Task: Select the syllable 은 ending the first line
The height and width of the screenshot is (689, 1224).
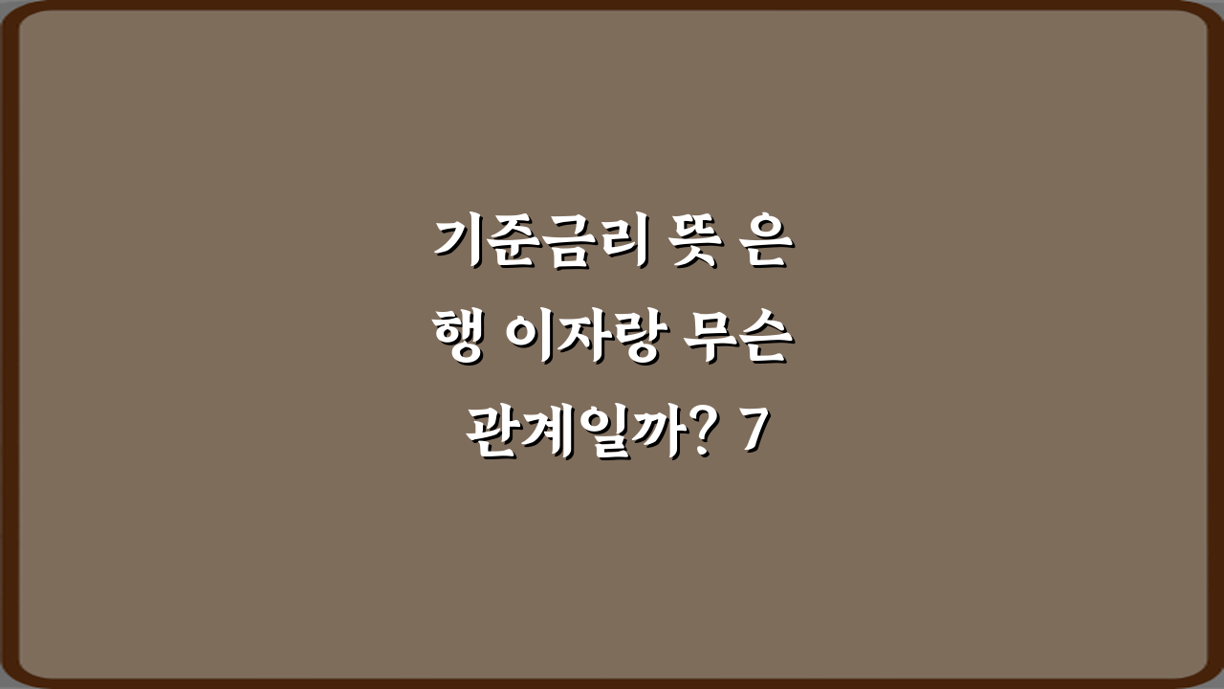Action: (x=764, y=244)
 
